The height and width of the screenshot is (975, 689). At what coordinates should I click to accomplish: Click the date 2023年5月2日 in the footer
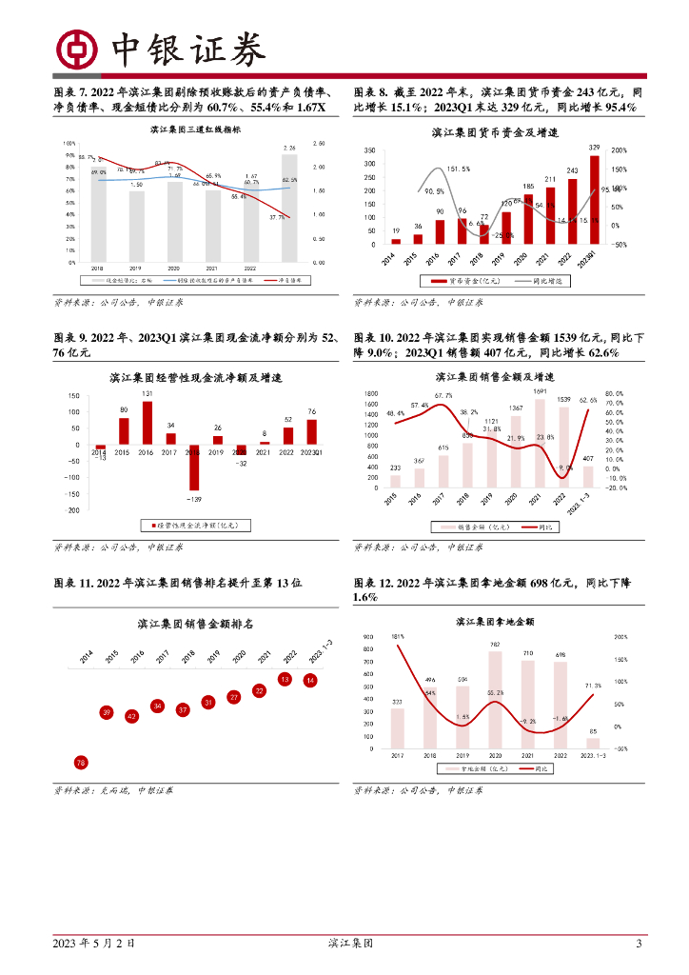point(93,944)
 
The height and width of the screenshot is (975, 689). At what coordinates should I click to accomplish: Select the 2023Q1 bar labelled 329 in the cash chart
point(595,199)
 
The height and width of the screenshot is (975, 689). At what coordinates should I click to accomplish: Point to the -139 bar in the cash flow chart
point(193,467)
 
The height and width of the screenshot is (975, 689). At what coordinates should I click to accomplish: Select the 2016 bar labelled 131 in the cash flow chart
point(148,423)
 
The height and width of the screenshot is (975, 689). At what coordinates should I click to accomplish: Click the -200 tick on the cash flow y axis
point(72,509)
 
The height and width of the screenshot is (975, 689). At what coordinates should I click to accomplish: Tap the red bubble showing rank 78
point(81,763)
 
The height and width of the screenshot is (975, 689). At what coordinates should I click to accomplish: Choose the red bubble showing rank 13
point(285,679)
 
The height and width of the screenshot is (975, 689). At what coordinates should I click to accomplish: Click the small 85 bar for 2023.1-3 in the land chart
point(592,743)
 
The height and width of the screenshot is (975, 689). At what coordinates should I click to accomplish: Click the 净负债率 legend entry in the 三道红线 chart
point(285,281)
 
